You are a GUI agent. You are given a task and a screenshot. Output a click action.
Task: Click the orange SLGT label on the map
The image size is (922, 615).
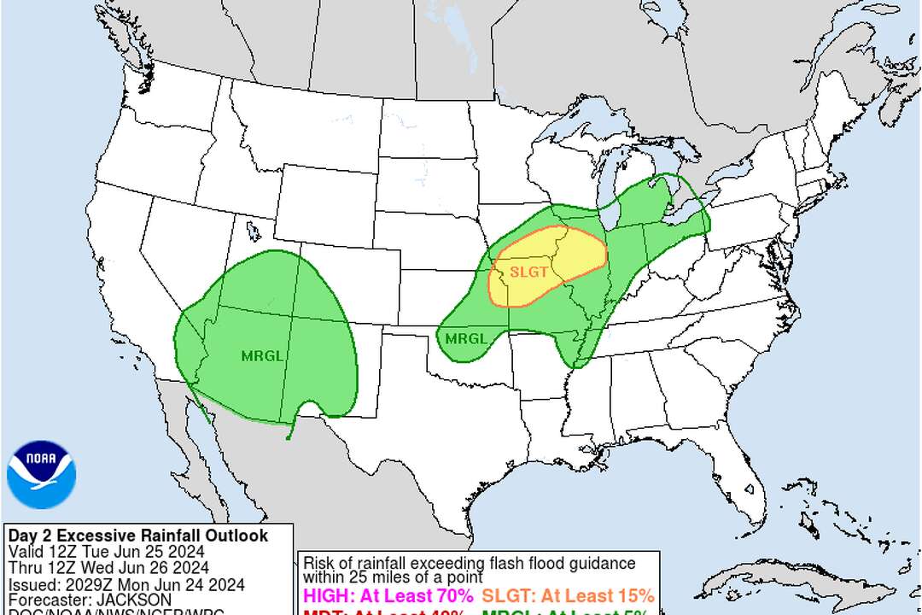pyautogui.click(x=526, y=272)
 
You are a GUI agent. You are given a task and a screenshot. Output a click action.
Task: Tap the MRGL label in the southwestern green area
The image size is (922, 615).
pyautogui.click(x=262, y=356)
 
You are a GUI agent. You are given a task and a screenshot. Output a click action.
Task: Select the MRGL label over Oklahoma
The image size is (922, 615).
pyautogui.click(x=466, y=338)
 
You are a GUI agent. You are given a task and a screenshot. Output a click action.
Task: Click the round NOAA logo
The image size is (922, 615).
pyautogui.click(x=41, y=474)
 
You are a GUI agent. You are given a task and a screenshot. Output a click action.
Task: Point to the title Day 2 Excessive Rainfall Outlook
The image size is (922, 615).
pyautogui.click(x=137, y=536)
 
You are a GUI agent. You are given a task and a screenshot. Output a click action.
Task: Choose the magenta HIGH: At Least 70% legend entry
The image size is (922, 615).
pyautogui.click(x=388, y=595)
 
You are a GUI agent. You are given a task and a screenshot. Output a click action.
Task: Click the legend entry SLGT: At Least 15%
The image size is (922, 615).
pyautogui.click(x=568, y=595)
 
